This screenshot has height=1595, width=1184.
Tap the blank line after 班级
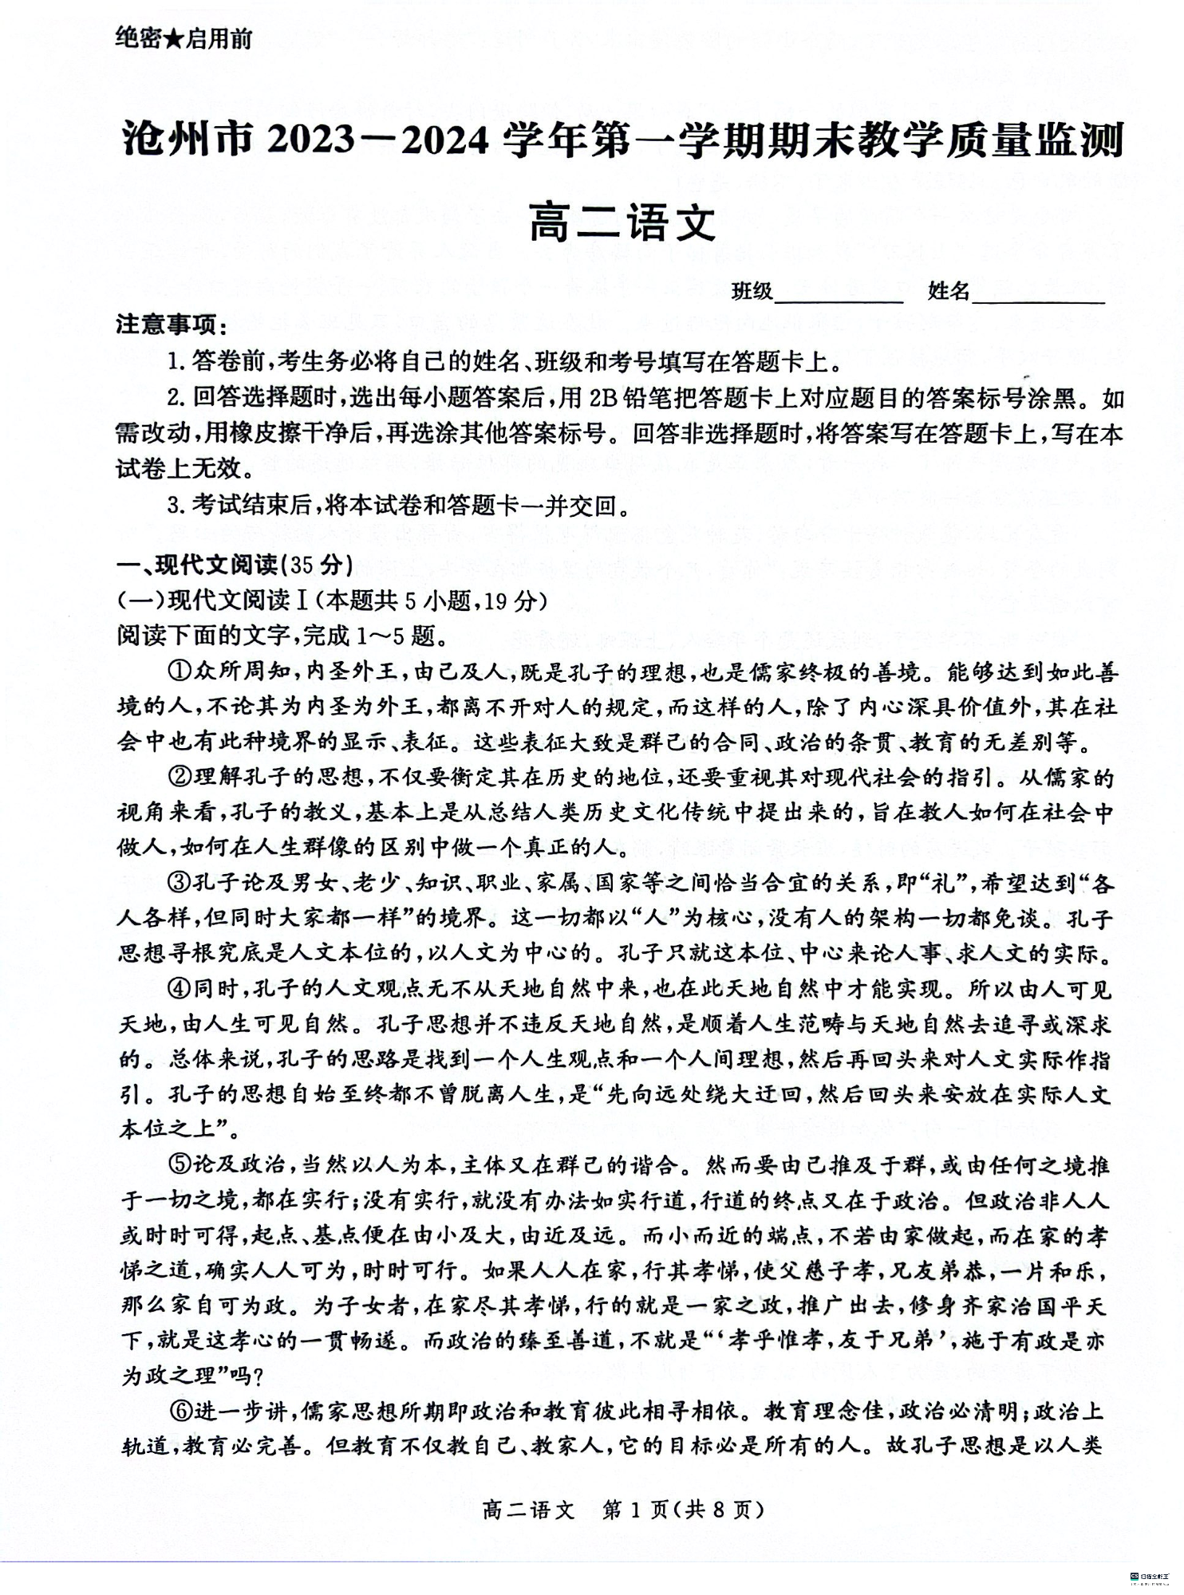click(x=838, y=293)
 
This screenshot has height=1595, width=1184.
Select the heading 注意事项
click(x=170, y=326)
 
